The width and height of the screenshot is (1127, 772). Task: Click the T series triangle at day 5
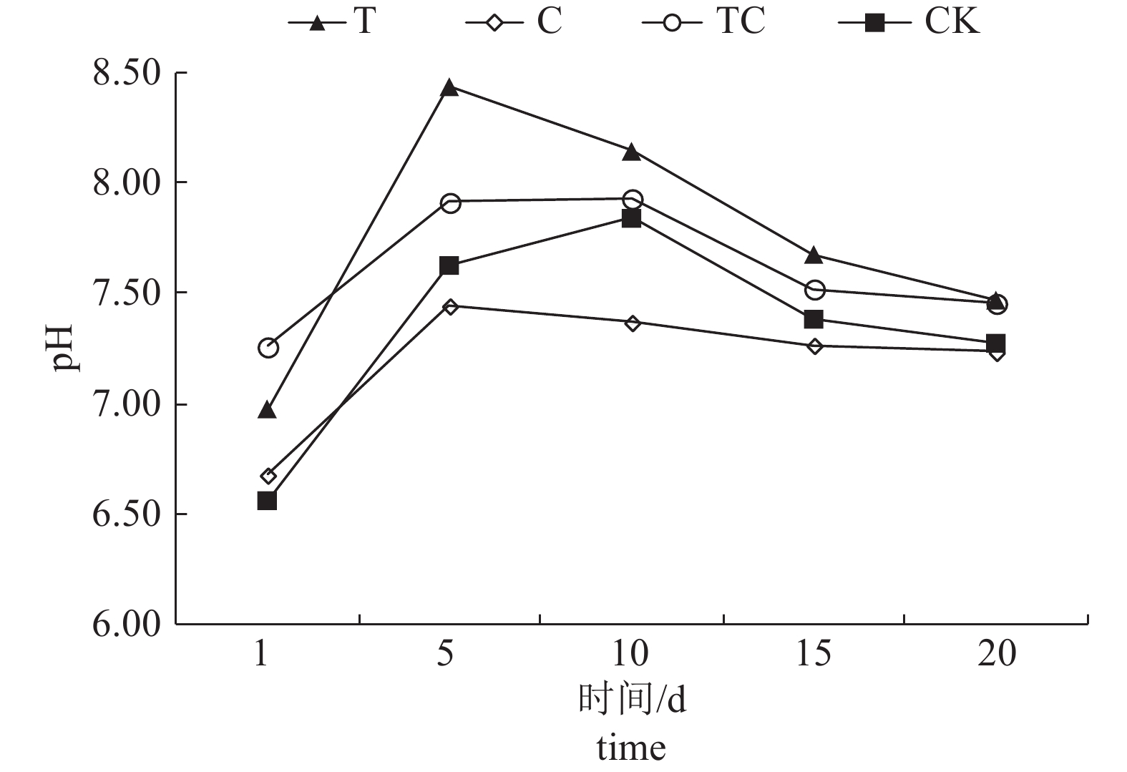449,88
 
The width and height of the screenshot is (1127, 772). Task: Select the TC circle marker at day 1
268,348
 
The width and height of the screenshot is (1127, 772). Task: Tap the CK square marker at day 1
267,500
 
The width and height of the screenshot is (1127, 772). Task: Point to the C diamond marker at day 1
268,476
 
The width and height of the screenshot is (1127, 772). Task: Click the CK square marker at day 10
631,218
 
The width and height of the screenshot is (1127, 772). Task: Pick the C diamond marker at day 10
632,323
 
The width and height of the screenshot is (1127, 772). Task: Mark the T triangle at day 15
814,255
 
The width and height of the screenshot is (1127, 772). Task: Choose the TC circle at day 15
815,290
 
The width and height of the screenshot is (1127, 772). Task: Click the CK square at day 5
449,265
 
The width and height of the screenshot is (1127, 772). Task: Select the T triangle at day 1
267,411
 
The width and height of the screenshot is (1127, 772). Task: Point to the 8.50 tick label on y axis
126,73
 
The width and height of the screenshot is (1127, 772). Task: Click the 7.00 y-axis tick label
126,404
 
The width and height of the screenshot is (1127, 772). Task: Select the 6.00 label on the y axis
126,624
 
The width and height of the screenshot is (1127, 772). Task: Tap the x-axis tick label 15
814,653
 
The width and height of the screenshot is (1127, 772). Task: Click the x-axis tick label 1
262,653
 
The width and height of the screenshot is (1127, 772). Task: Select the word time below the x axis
631,748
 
